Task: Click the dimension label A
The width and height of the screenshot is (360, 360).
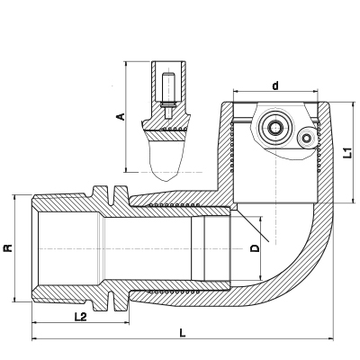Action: tap(121, 116)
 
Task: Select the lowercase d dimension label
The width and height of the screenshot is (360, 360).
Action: tap(275, 85)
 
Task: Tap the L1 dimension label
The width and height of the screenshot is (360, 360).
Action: tap(347, 153)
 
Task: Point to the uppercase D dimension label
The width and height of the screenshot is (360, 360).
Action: tap(255, 248)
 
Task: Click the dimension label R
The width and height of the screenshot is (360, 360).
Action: tap(8, 248)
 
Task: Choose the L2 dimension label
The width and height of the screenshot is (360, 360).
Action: tap(80, 317)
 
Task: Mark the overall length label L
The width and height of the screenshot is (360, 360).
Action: tap(182, 333)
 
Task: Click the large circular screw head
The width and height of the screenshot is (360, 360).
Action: tap(274, 128)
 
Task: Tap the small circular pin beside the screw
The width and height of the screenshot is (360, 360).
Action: tap(306, 139)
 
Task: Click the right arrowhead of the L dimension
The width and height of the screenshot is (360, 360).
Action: tap(331, 339)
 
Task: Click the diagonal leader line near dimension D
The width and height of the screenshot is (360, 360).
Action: tap(252, 225)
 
